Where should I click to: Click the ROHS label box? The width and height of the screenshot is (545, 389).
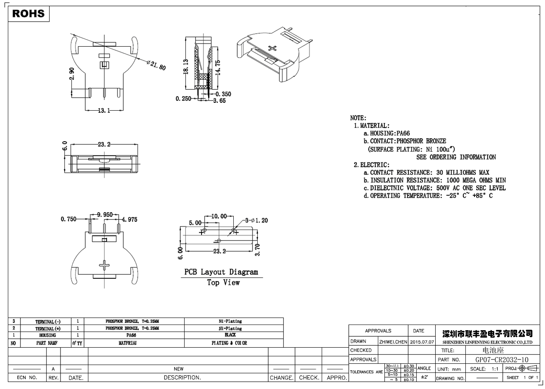click(x=29, y=14)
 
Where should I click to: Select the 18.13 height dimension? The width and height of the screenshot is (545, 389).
click(x=186, y=67)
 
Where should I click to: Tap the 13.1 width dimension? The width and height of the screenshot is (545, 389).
click(x=104, y=111)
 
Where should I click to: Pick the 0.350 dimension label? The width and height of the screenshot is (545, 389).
click(x=223, y=94)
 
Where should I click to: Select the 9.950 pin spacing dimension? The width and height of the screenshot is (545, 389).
click(x=105, y=214)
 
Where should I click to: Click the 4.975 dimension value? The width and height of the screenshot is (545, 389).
click(x=129, y=220)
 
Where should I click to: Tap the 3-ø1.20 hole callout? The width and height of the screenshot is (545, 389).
click(x=256, y=220)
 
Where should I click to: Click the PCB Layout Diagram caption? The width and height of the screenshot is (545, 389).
click(x=221, y=272)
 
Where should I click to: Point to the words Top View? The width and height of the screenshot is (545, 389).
click(x=223, y=283)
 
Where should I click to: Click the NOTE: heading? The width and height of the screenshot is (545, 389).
click(x=358, y=118)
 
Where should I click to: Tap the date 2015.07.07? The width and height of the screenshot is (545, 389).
click(x=422, y=342)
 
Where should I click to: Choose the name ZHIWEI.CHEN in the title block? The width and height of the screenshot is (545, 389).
click(x=393, y=342)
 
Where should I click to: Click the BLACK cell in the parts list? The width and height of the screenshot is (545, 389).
click(x=230, y=335)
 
